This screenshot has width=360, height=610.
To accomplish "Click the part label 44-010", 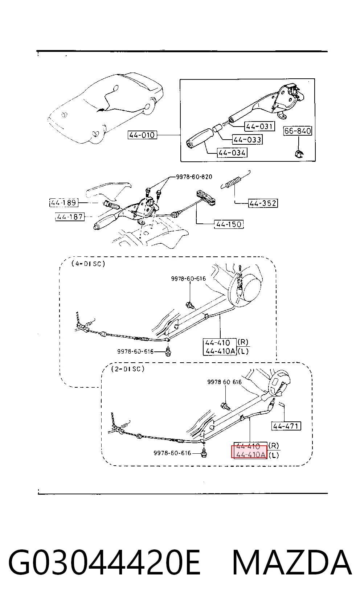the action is pos(142,135).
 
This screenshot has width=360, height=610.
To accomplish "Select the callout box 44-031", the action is pos(259,126).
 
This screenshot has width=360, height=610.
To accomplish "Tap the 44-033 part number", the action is pos(247,139).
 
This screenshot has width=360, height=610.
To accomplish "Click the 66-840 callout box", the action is pos(298,131).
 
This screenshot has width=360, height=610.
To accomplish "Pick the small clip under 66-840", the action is pos(299,153).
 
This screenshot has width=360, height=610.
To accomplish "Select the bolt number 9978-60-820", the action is pos(194,177).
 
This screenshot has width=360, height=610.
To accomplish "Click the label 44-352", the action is pos(263,203).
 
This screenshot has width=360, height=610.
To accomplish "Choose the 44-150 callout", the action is pos(229,224).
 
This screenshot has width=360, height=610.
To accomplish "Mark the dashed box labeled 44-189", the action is pos(64,203).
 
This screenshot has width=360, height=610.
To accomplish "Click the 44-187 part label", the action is pos(70,217).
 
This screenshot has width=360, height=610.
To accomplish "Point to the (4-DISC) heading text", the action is pos(88,264).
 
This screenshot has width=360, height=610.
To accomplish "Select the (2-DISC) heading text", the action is pos(127,369).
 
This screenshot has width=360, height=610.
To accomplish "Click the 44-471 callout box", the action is pos(286,426).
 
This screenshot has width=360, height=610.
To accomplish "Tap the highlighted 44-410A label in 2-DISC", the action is pos(249,454).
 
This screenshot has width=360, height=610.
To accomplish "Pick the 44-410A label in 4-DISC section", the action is pos(220,351).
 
